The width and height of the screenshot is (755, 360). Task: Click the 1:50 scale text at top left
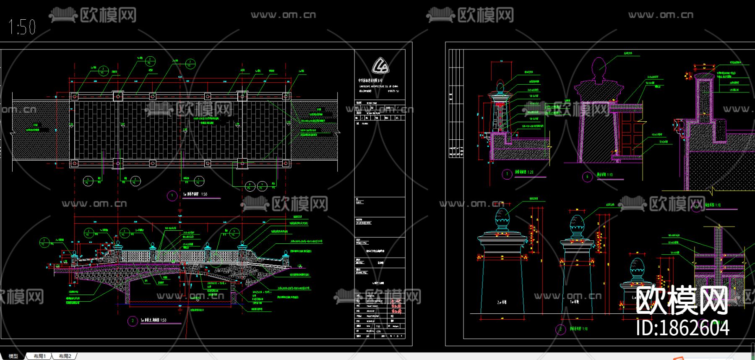click(x=22, y=27)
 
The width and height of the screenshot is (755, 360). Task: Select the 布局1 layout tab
click(x=40, y=356)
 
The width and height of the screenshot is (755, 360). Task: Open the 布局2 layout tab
click(x=65, y=356)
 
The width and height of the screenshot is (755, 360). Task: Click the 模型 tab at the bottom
click(x=13, y=356)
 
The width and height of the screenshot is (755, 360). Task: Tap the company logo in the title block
click(x=380, y=66)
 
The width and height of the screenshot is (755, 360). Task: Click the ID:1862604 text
click(x=682, y=328)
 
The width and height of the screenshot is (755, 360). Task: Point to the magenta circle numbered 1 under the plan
click(x=172, y=196)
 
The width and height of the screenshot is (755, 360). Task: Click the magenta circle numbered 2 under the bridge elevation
click(x=133, y=321)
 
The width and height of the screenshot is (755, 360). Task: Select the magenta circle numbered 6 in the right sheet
click(x=587, y=177)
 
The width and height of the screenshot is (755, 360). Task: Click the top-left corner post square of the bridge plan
click(x=74, y=97)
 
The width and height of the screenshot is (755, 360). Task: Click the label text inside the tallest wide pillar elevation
click(x=502, y=302)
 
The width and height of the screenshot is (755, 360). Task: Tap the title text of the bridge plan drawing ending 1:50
click(x=195, y=195)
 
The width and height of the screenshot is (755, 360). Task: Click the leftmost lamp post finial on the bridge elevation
click(x=75, y=253)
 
